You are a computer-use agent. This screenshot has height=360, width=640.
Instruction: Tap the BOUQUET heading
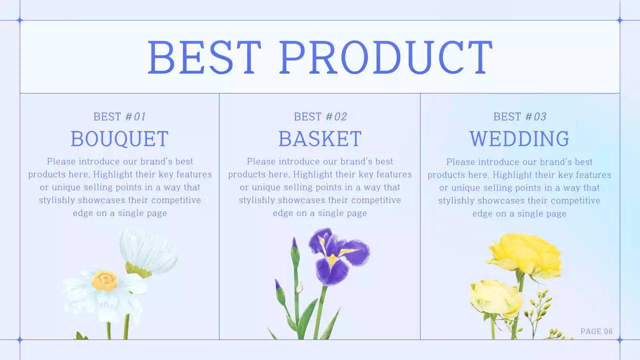(x=119, y=139)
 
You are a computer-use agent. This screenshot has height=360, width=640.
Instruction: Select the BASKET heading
(x=320, y=139)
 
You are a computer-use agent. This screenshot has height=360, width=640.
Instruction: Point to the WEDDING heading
(x=519, y=139)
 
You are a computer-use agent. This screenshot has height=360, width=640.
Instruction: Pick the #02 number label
(x=336, y=117)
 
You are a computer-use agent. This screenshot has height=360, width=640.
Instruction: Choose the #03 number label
(x=535, y=117)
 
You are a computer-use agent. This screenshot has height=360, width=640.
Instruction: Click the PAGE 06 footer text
(x=596, y=331)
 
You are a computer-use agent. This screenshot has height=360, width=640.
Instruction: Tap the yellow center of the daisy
(x=104, y=280)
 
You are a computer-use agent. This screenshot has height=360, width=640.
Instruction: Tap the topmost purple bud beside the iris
(x=294, y=243)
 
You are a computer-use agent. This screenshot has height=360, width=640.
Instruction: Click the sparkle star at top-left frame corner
(x=20, y=20)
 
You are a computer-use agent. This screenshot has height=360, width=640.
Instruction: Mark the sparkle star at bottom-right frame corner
(x=619, y=340)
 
